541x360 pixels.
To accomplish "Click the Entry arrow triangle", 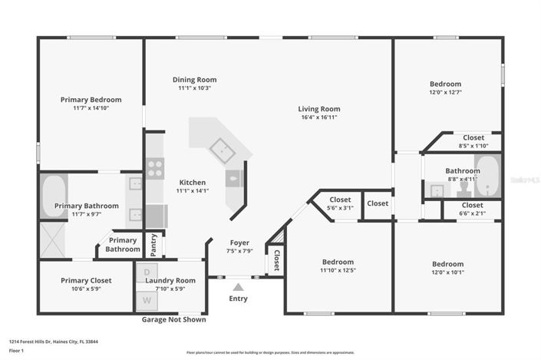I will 238,287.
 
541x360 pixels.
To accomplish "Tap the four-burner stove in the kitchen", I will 154,167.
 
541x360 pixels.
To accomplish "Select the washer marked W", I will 147,299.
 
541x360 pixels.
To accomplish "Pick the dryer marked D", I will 147,273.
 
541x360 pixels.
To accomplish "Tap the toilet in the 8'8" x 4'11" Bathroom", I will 463,189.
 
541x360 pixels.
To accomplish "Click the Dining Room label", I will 194,79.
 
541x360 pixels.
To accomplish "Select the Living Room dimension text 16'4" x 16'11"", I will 318,117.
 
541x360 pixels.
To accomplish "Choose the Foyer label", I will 239,243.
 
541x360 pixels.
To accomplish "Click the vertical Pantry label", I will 153,244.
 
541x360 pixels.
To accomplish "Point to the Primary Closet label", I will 86,280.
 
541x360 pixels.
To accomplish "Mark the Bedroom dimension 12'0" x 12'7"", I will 445,93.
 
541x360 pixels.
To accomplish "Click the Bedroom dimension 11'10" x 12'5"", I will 338,270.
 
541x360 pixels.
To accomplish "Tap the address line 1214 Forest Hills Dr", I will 54,342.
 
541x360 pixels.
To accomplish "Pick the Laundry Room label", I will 175,280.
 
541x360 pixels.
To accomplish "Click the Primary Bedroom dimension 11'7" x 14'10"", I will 91,108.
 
